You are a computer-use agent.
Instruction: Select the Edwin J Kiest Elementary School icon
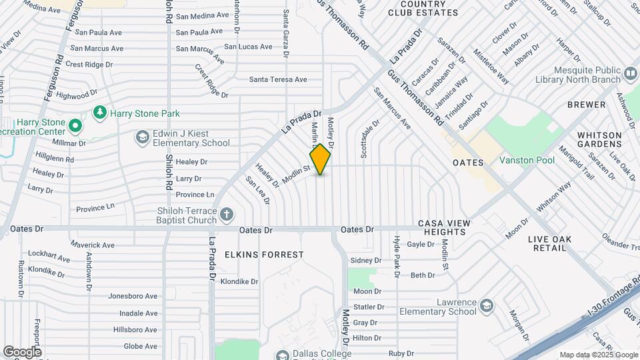click(141, 137)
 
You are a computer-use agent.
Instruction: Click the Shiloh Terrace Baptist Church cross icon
click(227, 214)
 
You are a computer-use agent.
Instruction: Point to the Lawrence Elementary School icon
click(486, 306)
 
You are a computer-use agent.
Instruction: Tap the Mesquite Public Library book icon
click(630, 73)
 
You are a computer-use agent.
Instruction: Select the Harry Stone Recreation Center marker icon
click(75, 125)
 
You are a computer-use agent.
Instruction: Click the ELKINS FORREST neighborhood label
click(264, 255)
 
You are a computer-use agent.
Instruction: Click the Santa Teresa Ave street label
click(278, 79)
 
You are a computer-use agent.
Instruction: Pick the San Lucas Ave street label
click(248, 47)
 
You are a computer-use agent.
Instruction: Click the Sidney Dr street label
click(365, 260)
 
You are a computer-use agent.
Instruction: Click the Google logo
click(22, 351)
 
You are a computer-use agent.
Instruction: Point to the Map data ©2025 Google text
click(599, 355)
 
